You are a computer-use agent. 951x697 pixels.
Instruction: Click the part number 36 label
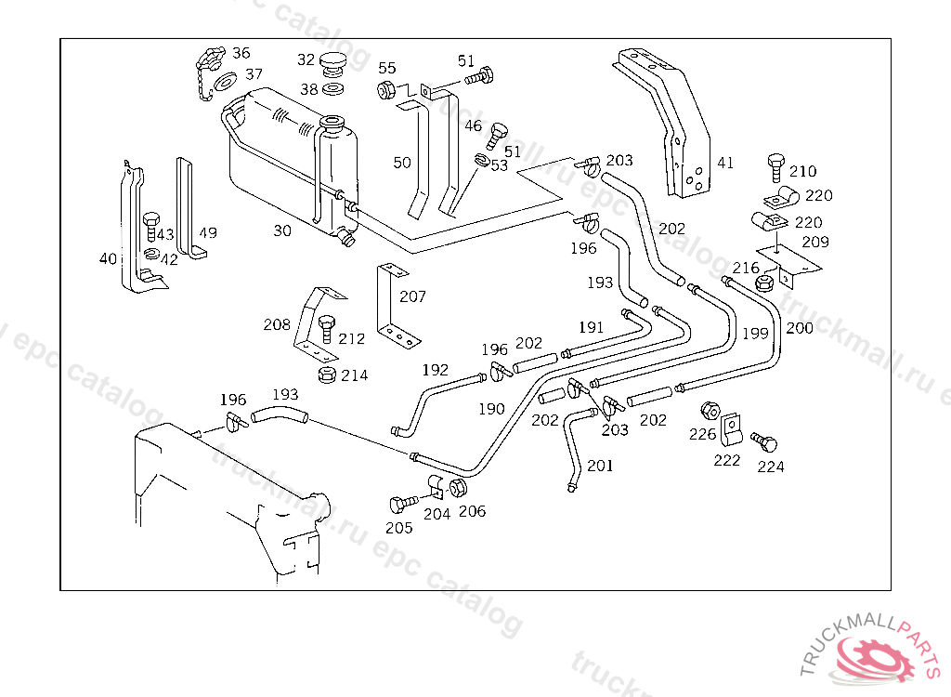click(241, 53)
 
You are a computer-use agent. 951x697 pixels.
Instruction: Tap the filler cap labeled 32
click(333, 64)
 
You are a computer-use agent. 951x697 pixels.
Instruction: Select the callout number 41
click(725, 163)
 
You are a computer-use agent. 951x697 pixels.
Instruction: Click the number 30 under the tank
click(281, 230)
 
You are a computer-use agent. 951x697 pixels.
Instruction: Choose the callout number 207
click(412, 296)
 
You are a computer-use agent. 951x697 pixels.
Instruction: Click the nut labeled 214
click(326, 375)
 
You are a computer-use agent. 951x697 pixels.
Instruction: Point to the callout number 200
click(798, 327)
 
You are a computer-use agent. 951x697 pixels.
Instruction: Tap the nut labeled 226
click(708, 411)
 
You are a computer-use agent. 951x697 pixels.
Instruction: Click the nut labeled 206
click(458, 489)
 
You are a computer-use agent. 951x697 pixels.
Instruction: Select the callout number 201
click(600, 466)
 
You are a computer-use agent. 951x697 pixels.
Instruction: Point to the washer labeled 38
click(333, 90)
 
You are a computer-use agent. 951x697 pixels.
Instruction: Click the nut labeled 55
click(386, 90)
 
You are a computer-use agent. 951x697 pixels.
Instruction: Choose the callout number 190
click(492, 408)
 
